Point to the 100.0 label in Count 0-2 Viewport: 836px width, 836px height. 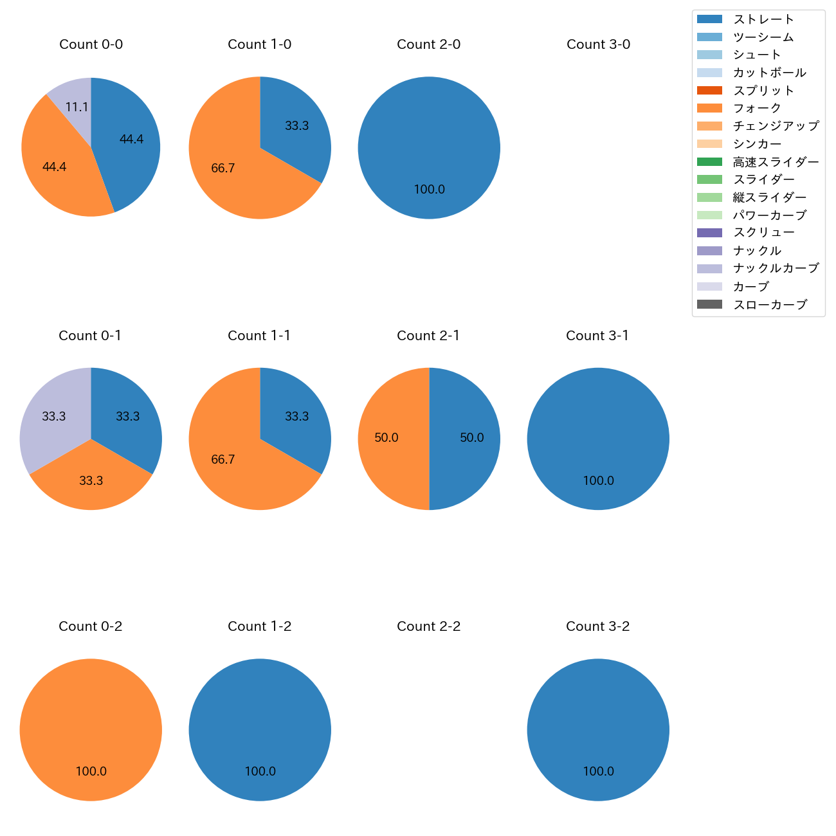91,771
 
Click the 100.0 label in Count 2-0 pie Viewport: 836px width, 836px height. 429,189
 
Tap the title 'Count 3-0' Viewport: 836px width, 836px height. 598,44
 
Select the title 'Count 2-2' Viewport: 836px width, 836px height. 429,626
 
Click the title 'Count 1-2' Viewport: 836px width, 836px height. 260,626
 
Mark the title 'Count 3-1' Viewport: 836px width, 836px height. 597,336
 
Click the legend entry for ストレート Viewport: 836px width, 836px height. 763,19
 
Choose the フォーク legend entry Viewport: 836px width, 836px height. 757,108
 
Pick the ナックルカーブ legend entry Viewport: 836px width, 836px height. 776,268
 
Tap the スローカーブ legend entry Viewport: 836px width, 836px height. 770,304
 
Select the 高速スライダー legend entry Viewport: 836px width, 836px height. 776,161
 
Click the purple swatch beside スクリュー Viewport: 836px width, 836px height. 709,233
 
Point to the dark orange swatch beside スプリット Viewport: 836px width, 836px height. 709,91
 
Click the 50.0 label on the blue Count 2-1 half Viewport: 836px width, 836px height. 471,438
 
